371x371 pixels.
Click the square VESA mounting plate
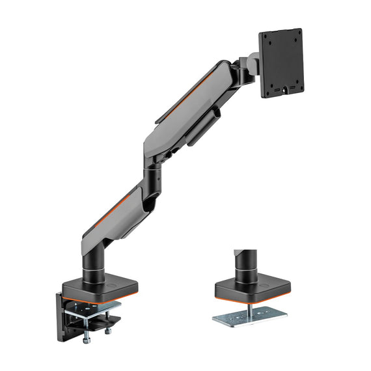click(x=281, y=62)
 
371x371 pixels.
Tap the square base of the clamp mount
click(x=92, y=287)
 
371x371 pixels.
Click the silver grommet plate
click(x=251, y=315)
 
